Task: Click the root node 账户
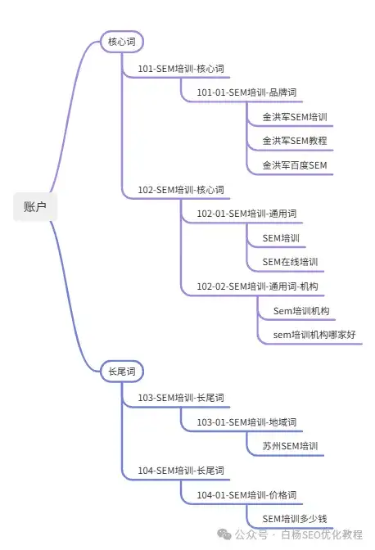pyautogui.click(x=35, y=206)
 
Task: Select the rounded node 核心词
pyautogui.click(x=122, y=42)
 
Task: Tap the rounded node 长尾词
pyautogui.click(x=122, y=372)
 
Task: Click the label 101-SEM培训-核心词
pyautogui.click(x=181, y=69)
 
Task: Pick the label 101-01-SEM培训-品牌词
pyautogui.click(x=246, y=92)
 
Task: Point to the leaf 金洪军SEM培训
pyautogui.click(x=295, y=117)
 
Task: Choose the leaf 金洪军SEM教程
pyautogui.click(x=295, y=141)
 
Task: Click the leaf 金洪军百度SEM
pyautogui.click(x=295, y=165)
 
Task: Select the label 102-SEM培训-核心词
pyautogui.click(x=181, y=190)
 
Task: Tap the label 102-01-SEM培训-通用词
pyautogui.click(x=246, y=214)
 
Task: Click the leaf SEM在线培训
pyautogui.click(x=290, y=262)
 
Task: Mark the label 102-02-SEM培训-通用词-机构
pyautogui.click(x=257, y=286)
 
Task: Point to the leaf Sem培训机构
pyautogui.click(x=301, y=311)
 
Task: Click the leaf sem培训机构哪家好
pyautogui.click(x=314, y=335)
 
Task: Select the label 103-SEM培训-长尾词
pyautogui.click(x=181, y=398)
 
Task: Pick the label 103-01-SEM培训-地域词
pyautogui.click(x=246, y=422)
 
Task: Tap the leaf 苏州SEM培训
pyautogui.click(x=290, y=446)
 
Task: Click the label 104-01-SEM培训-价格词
pyautogui.click(x=246, y=495)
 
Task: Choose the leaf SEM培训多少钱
pyautogui.click(x=295, y=519)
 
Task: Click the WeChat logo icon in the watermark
pyautogui.click(x=224, y=534)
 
